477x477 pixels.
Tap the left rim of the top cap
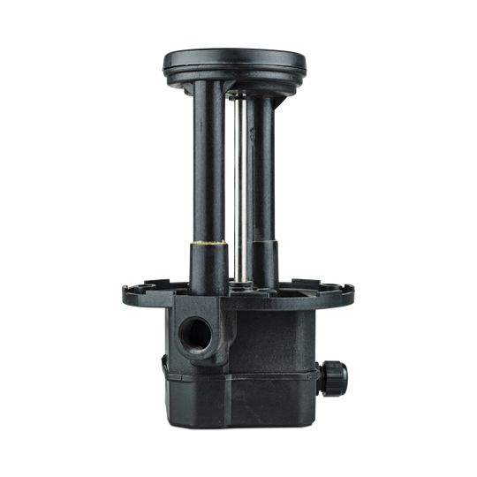tap(165, 65)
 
